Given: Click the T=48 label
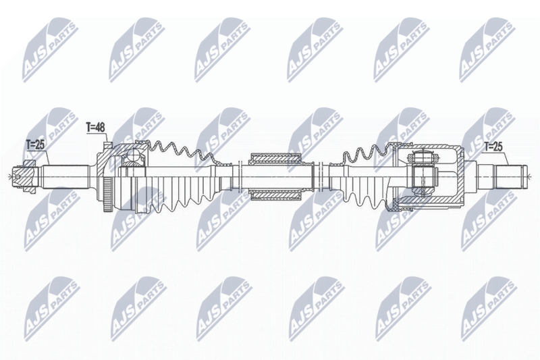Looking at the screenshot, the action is tap(95, 128).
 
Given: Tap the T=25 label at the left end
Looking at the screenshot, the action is tap(36, 145).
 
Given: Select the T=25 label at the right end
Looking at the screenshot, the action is tap(493, 147).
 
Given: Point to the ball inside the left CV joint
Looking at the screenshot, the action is tap(133, 156).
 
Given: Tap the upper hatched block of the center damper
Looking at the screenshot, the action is tap(275, 159).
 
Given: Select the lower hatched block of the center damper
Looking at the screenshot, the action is tap(275, 195).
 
